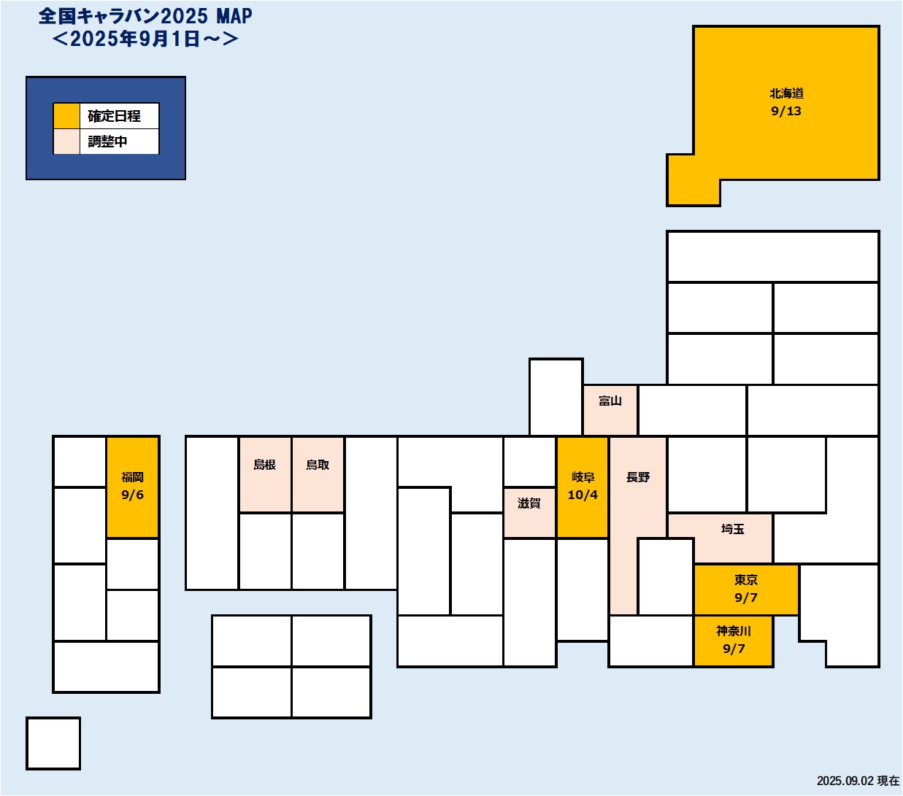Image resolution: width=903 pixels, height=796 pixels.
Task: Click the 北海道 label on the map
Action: point(786,93)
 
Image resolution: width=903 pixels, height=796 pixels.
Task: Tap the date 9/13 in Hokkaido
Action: point(786,111)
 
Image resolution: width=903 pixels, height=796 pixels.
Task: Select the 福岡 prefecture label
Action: point(132,477)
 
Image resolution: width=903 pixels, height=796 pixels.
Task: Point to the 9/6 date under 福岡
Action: point(132,495)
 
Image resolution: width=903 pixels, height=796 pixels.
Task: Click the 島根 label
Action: point(264,465)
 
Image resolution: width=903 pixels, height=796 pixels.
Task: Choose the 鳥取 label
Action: point(318,465)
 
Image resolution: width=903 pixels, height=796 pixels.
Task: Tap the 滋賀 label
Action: point(529,503)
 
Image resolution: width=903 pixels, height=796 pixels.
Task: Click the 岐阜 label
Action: point(583,477)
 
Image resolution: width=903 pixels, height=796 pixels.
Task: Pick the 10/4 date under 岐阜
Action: point(583,495)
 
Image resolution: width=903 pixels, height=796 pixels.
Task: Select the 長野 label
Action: point(637,477)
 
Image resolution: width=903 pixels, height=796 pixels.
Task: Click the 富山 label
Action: point(610,401)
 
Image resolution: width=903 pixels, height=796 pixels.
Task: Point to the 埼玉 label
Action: point(732,529)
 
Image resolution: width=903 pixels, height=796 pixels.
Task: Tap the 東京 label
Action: point(745,580)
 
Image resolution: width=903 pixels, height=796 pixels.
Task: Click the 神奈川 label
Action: point(733,631)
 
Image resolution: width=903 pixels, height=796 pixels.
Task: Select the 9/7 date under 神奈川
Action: point(733,649)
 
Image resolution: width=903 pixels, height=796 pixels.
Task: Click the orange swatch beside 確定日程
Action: point(66,116)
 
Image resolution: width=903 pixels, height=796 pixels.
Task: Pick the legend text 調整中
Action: point(107,142)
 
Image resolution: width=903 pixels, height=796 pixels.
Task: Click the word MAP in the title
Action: point(234,16)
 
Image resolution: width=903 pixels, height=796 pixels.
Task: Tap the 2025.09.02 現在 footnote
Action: point(858,781)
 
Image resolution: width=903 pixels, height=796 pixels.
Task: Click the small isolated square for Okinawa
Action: point(53,743)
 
